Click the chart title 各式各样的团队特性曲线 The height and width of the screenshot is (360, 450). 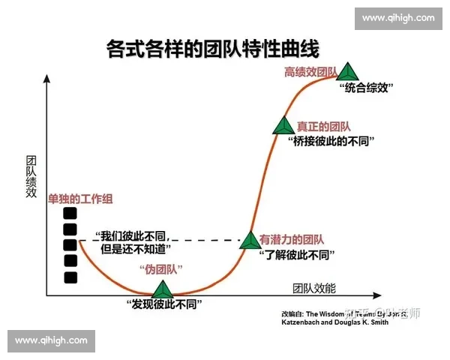(x=213, y=50)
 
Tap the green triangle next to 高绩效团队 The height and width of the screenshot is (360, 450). (x=346, y=73)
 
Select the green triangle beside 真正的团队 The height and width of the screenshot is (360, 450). (x=283, y=126)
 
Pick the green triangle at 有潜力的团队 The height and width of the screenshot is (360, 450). (x=250, y=240)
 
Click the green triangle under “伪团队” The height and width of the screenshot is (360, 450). (x=163, y=289)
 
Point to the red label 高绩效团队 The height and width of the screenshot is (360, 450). (x=309, y=72)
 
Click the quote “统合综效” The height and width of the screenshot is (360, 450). (x=367, y=88)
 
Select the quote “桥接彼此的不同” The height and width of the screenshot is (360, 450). (x=331, y=141)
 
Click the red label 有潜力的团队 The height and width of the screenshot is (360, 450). (x=291, y=240)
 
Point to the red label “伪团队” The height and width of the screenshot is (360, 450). (x=161, y=269)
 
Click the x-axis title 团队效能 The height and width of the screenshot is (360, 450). (x=313, y=287)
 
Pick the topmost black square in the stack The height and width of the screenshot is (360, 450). (x=70, y=213)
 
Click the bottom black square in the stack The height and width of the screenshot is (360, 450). (x=70, y=277)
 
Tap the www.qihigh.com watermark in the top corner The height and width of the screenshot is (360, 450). (x=397, y=17)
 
